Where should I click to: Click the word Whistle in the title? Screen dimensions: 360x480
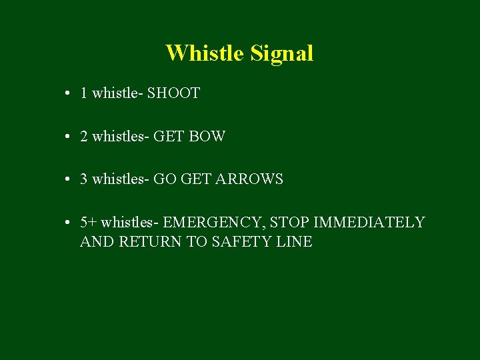point(205,53)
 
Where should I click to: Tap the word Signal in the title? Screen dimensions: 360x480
point(282,53)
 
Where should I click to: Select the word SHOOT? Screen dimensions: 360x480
point(173,93)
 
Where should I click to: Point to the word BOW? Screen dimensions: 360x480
point(207,137)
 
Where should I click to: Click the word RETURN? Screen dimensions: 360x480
point(150,242)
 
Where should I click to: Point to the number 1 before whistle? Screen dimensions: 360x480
point(84,93)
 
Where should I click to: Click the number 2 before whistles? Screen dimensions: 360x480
point(84,137)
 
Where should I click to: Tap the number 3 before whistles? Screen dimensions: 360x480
point(84,179)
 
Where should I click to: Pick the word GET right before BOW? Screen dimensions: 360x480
point(169,137)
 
